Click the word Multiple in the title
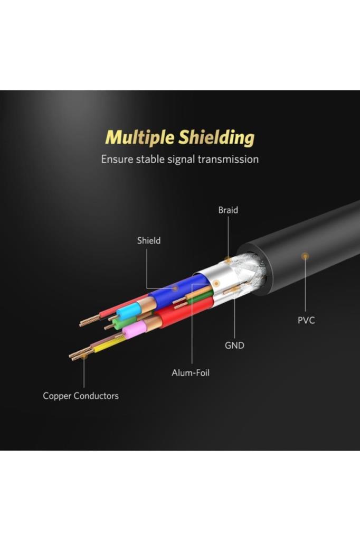[139, 138]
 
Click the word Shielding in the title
[216, 138]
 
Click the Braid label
[228, 210]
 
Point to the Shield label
[149, 240]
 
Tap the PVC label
[306, 320]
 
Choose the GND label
[234, 346]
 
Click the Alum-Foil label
[191, 373]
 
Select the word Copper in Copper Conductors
[58, 396]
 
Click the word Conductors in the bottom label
[97, 396]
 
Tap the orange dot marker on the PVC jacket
[305, 256]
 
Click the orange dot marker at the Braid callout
[228, 260]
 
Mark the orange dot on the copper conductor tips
[83, 357]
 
